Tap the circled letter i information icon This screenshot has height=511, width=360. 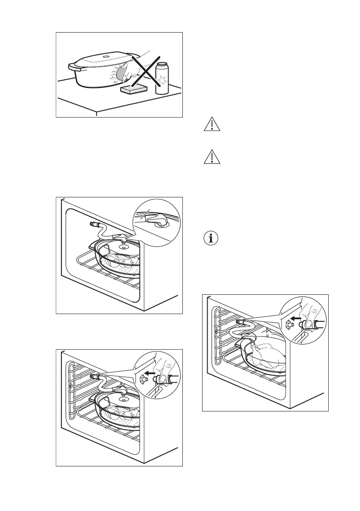click(210, 238)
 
